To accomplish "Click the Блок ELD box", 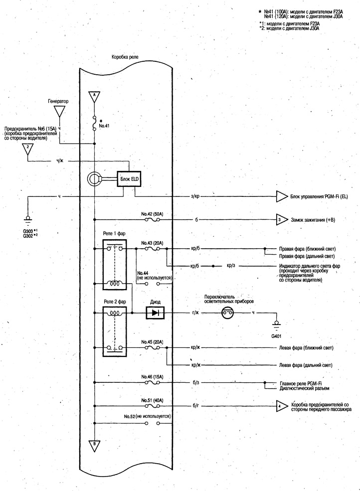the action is pos(129,179).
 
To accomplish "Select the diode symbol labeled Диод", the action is pos(155,313).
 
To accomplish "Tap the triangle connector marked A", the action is pos(94,96).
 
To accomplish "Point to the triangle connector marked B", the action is pos(94,446).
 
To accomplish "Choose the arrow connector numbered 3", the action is pos(282,220).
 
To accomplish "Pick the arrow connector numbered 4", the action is pos(282,406).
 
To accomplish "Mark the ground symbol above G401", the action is pos(276,325).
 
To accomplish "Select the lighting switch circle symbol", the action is pos(228,313).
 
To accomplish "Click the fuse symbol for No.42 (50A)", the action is pos(153,220).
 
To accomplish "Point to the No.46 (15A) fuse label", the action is pos(152,376).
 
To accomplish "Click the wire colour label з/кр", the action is pos(195,196).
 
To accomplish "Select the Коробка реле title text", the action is pos(125,57).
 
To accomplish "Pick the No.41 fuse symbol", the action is pos(94,123).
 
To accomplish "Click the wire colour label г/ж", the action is pos(195,313).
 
